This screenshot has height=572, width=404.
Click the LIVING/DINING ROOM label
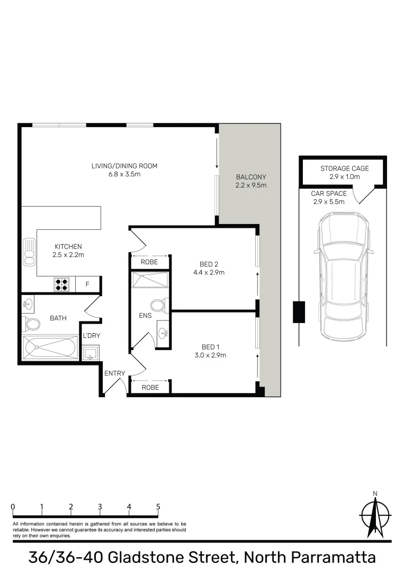(124, 166)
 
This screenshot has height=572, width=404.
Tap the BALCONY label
(251, 177)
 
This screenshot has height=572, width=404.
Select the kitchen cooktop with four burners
(62, 284)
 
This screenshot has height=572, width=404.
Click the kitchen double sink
(29, 252)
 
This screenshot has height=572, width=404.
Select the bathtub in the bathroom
(50, 347)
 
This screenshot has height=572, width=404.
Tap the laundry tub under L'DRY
(91, 353)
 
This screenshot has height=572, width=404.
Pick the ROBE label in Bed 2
(150, 262)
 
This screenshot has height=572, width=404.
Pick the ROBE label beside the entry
(150, 387)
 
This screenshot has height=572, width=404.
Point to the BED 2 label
(209, 264)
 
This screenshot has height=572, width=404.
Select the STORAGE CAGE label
(344, 168)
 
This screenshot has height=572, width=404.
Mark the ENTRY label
(114, 373)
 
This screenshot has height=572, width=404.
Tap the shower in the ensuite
(150, 280)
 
